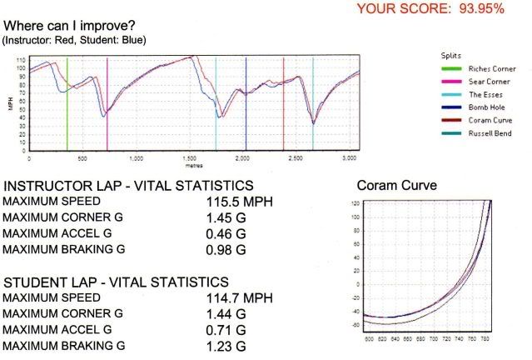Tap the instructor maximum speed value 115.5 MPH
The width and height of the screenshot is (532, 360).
[240, 202]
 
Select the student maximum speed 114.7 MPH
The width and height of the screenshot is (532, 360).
[240, 297]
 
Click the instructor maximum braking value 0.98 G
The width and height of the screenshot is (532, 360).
[226, 249]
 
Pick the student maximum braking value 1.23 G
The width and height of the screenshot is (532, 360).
[226, 345]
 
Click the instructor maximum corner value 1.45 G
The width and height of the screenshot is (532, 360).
[226, 217]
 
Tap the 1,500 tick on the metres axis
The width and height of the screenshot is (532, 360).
[192, 157]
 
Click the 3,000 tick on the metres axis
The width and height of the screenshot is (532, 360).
[349, 157]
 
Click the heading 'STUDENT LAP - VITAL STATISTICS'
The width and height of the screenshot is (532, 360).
[116, 282]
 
